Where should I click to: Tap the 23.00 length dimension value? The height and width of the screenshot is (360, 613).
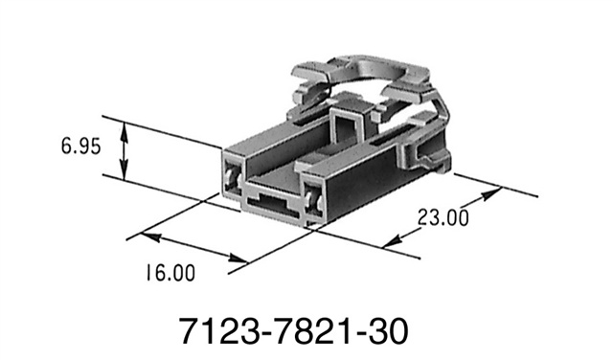tap(442, 218)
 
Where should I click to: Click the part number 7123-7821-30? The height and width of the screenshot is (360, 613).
tap(294, 331)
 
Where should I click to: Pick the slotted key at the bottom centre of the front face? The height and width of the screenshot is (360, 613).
tap(270, 202)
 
